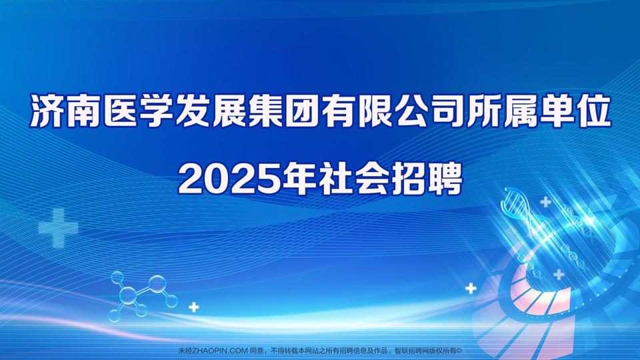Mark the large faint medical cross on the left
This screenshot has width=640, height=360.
coord(59,228)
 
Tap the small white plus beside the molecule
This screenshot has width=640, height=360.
coord(194,307)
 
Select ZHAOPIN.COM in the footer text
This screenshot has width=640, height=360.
coord(219,350)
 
